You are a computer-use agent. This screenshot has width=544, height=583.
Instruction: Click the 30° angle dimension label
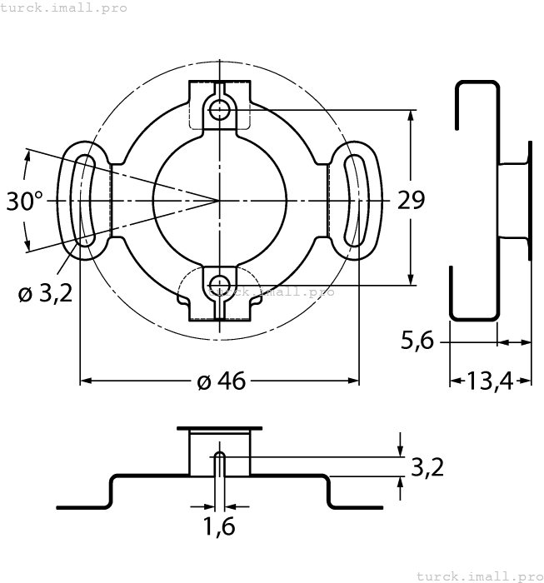(x=25, y=201)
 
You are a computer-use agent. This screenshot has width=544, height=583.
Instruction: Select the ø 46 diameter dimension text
(x=221, y=381)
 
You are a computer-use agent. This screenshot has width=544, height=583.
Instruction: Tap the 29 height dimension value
(x=410, y=200)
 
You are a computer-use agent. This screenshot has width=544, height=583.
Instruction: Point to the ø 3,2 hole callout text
(x=44, y=293)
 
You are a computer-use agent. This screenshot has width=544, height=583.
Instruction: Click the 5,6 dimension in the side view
(x=417, y=341)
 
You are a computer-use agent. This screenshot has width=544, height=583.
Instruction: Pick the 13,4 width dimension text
(x=491, y=381)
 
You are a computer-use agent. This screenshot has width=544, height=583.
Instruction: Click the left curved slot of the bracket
(x=83, y=200)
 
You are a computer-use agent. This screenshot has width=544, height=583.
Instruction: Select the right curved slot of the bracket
(x=356, y=200)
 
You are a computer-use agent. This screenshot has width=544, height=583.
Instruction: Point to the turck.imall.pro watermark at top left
(x=64, y=7)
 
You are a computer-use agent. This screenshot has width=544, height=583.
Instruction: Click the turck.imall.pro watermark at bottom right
(x=479, y=576)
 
